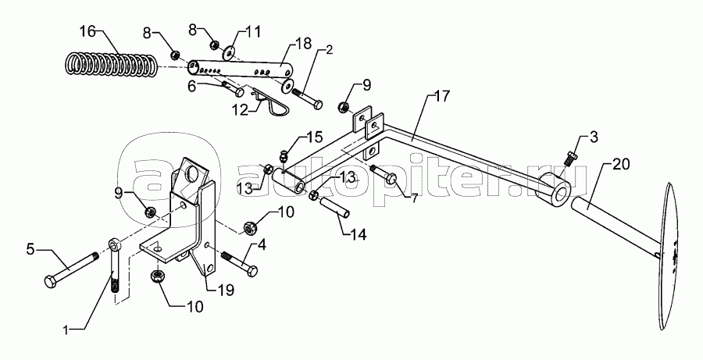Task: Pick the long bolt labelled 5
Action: click(x=71, y=269)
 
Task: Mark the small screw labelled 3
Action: click(x=569, y=156)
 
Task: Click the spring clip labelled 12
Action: click(x=278, y=99)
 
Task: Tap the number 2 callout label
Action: click(x=328, y=50)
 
